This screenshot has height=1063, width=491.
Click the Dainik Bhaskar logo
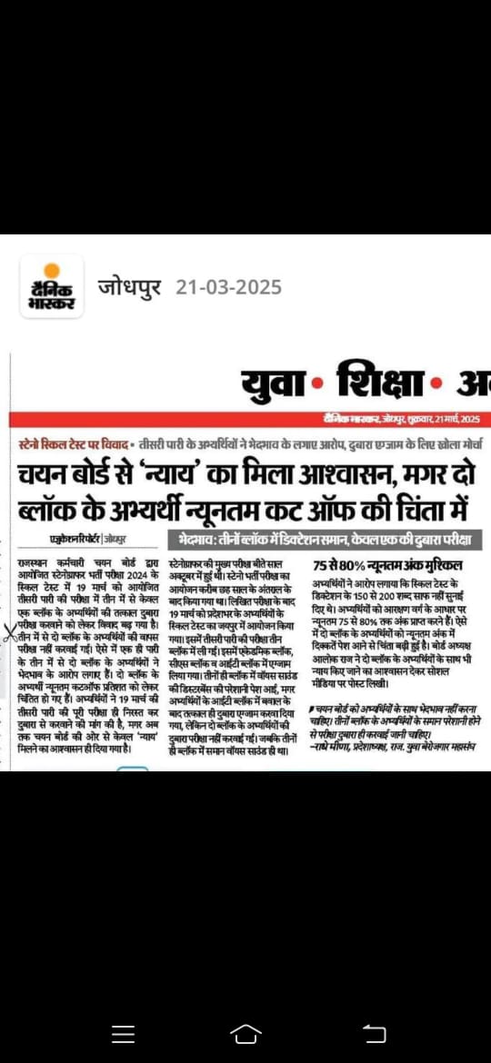(x=52, y=288)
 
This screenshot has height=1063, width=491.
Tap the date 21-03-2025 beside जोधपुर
(x=228, y=287)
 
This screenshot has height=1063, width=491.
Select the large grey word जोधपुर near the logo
(x=130, y=287)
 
